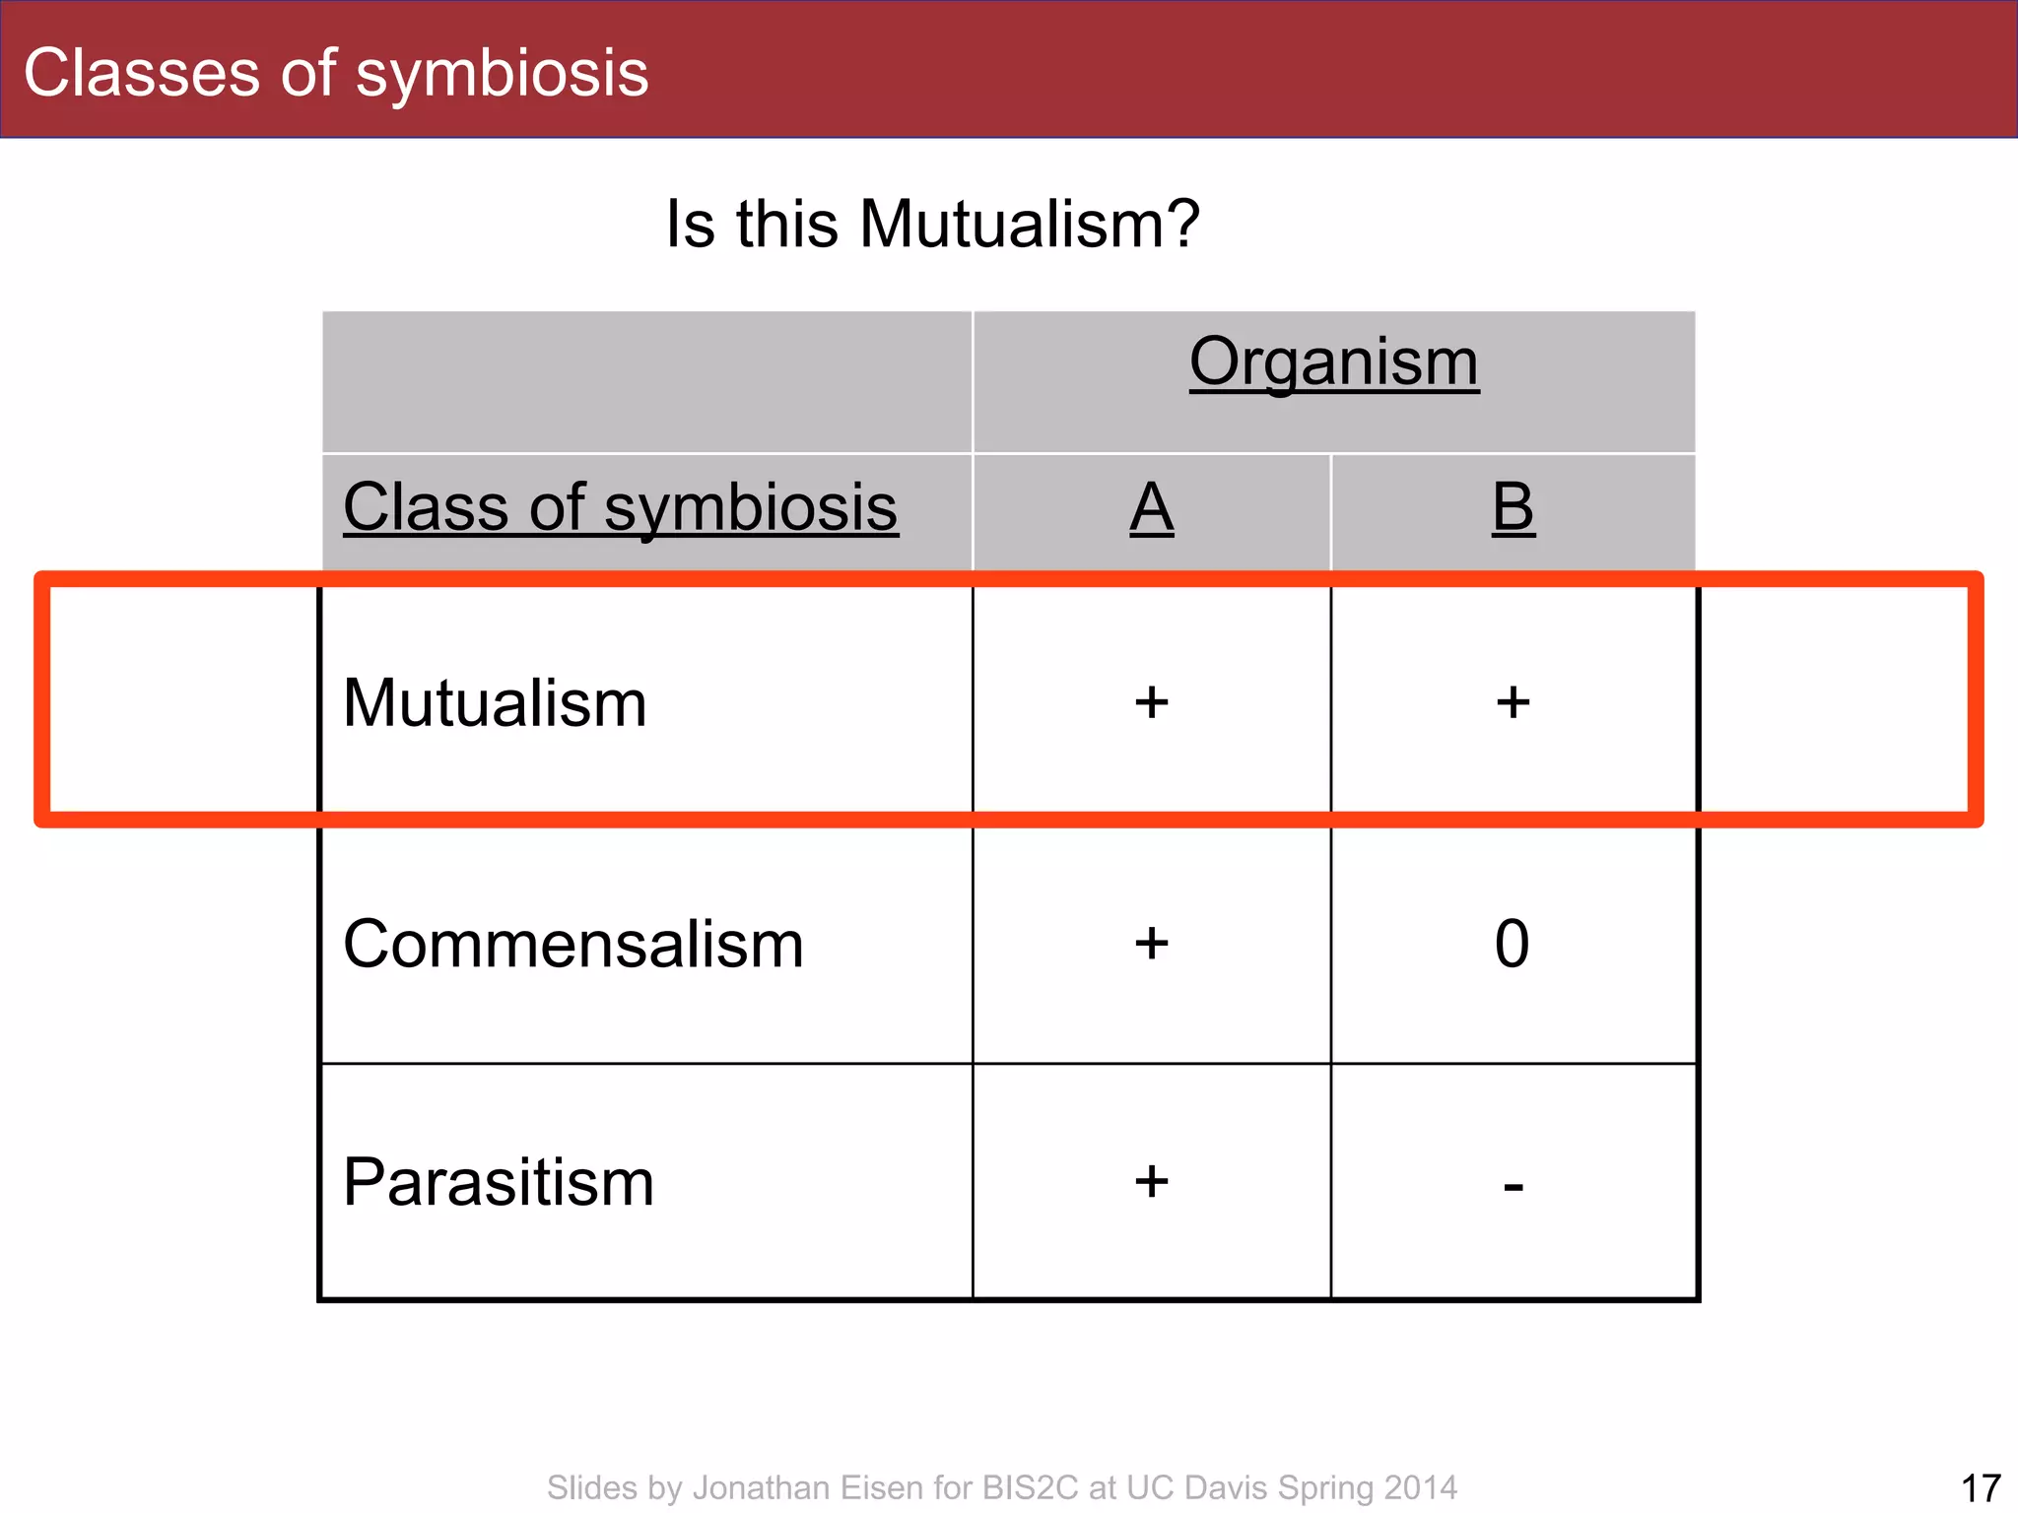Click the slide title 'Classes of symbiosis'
pos(336,73)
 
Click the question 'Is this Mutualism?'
pos(932,224)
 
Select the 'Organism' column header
pos(1334,362)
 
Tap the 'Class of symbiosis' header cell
pos(620,507)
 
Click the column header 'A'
pos(1151,507)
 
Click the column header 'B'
pos(1513,507)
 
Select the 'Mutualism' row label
pos(495,703)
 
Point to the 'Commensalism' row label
pos(573,944)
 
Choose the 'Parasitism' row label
pos(499,1182)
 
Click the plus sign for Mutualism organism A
pos(1151,703)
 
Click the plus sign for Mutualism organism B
pos(1513,703)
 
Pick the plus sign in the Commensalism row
pos(1151,944)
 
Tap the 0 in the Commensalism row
pos(1512,944)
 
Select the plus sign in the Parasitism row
pos(1151,1181)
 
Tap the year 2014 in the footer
pos(1420,1487)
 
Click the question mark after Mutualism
pos(1180,224)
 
